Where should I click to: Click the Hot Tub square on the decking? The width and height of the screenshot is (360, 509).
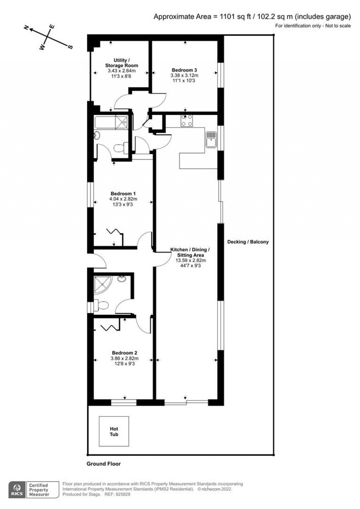pos(114,431)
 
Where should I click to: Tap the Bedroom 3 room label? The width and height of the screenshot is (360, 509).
pos(184,70)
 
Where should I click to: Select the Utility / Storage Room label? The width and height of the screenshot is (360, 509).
pos(122,63)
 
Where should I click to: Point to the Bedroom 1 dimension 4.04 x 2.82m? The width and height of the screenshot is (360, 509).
pos(123,199)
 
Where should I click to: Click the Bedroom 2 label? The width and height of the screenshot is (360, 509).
pos(124,353)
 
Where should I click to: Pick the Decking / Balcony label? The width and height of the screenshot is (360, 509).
pos(248,242)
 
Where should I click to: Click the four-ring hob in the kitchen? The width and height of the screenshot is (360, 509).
pos(186,121)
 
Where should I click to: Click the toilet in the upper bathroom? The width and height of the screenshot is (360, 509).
pos(120,148)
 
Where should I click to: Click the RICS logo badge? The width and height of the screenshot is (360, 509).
pos(17,490)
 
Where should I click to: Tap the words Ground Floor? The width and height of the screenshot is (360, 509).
pos(104,464)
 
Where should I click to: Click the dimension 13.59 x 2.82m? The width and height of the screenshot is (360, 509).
pos(191,260)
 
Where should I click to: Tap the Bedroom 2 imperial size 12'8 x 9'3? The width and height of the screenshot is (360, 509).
pos(124,363)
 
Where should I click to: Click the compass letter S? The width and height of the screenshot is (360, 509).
pos(70,47)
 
